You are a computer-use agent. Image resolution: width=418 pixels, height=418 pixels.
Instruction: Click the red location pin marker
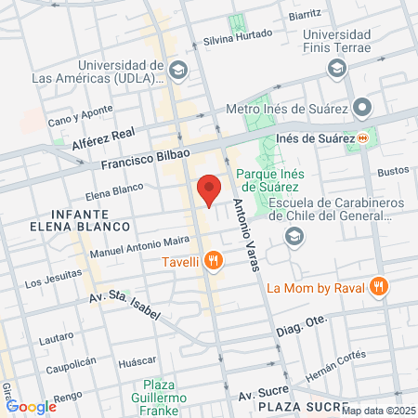tap(210, 189)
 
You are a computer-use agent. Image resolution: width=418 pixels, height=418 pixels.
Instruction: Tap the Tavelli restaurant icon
tap(215, 261)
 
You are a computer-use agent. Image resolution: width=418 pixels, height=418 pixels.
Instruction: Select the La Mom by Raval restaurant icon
tap(378, 286)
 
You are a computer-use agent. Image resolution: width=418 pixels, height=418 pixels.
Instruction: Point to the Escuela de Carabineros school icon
tap(294, 239)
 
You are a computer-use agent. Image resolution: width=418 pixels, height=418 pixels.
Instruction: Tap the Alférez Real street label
tap(104, 139)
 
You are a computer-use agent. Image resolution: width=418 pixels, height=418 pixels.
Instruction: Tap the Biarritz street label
tap(305, 15)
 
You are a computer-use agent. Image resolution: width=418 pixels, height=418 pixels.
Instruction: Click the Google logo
tap(31, 406)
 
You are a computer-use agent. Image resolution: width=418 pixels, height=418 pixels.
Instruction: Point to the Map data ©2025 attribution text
tap(379, 411)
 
